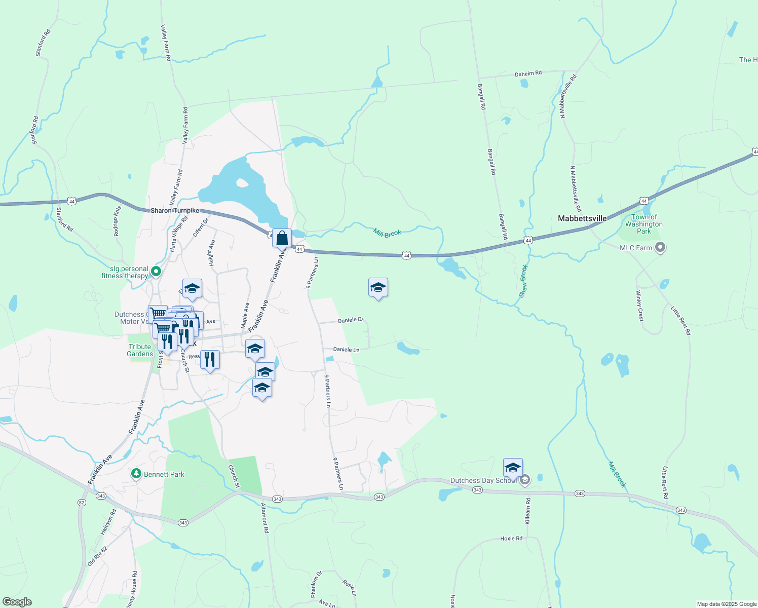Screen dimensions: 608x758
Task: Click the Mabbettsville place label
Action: [582, 218]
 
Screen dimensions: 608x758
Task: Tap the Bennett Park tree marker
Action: [136, 474]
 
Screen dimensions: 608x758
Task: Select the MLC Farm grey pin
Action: [660, 248]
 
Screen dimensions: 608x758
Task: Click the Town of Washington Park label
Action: [643, 224]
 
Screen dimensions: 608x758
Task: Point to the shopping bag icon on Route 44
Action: [282, 238]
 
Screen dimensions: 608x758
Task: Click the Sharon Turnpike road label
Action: [175, 210]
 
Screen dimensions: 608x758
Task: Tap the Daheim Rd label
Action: [528, 73]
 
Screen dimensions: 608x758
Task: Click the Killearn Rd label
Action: [527, 511]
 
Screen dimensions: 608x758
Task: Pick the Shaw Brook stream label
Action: [523, 280]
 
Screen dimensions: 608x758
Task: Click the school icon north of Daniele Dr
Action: [378, 288]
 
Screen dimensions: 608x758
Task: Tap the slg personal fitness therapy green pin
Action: [156, 272]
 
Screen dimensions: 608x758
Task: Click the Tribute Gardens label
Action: [140, 350]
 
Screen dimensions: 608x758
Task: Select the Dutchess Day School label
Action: [483, 480]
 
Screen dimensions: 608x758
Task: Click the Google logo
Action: [17, 602]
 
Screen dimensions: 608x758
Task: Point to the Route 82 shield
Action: [82, 503]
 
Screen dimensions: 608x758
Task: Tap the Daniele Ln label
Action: [346, 350]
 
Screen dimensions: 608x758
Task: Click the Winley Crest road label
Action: [639, 305]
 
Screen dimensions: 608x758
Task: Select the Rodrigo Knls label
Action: [117, 221]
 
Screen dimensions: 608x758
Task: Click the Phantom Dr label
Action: [315, 583]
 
